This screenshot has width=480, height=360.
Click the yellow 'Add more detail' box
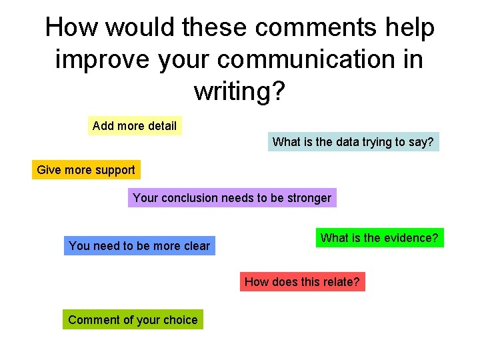135,126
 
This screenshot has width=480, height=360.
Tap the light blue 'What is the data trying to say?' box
353,141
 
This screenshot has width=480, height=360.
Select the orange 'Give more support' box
86,170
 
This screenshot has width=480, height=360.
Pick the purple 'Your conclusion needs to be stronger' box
232,197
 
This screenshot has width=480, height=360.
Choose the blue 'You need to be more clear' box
139,245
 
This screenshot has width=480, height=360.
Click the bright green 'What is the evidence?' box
379,237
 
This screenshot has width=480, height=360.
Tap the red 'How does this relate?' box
302,281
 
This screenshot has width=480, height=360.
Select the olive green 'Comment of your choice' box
133,319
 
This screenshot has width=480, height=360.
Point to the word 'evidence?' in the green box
411,237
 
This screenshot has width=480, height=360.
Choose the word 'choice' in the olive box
181,319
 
